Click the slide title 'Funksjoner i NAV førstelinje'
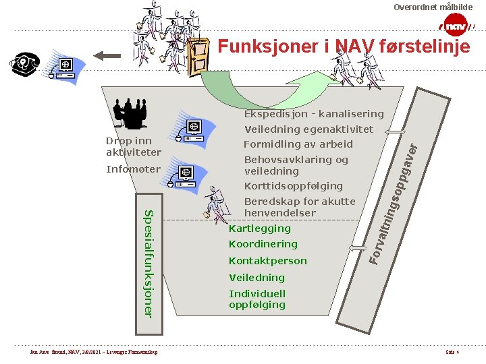pyautogui.click(x=344, y=47)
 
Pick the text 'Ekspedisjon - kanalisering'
pyautogui.click(x=313, y=114)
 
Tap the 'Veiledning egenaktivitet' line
pyautogui.click(x=308, y=129)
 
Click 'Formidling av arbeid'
pyautogui.click(x=298, y=144)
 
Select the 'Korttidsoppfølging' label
pyautogui.click(x=293, y=185)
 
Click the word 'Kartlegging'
pyautogui.click(x=260, y=229)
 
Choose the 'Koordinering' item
pyautogui.click(x=263, y=244)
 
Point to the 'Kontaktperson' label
pyautogui.click(x=268, y=261)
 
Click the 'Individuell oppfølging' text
pyautogui.click(x=257, y=299)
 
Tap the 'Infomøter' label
pyautogui.click(x=134, y=169)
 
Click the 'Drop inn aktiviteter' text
pyautogui.click(x=133, y=146)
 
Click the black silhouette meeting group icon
pyautogui.click(x=130, y=113)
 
